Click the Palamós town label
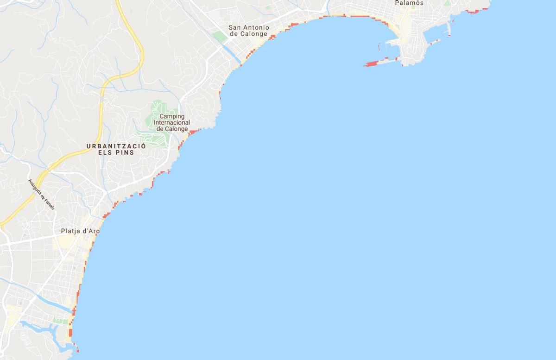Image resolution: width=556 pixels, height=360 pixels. pyautogui.click(x=409, y=3)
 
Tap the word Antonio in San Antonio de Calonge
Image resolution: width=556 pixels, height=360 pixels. pyautogui.click(x=255, y=27)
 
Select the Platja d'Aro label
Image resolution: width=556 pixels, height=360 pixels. pyautogui.click(x=80, y=231)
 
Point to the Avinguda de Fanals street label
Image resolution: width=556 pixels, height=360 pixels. pyautogui.click(x=41, y=195)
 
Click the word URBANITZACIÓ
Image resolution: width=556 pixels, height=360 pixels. pyautogui.click(x=116, y=146)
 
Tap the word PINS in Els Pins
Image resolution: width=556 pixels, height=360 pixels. pyautogui.click(x=126, y=152)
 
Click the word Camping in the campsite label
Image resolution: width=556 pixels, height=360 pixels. pyautogui.click(x=172, y=116)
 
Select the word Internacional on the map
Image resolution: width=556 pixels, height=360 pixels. pyautogui.click(x=172, y=122)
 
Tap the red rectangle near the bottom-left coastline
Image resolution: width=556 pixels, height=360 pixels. pyautogui.click(x=70, y=332)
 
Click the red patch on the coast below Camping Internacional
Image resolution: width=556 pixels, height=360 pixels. pyautogui.click(x=193, y=133)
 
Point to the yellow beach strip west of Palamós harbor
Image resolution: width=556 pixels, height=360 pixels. pyautogui.click(x=392, y=28)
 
